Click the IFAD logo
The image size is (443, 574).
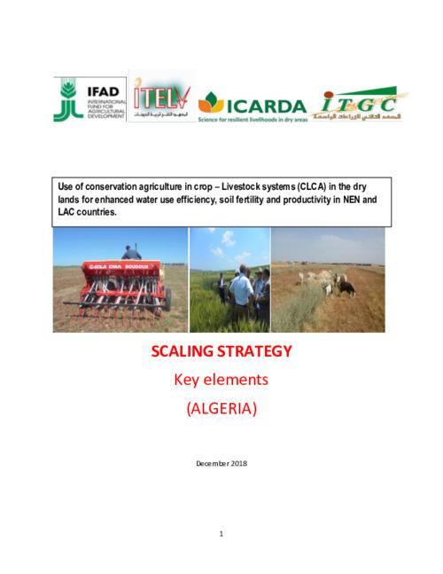coord(89,98)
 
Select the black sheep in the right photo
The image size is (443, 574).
coord(347,288)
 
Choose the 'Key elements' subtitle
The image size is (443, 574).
coord(221,381)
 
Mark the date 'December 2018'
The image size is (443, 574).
coord(221,463)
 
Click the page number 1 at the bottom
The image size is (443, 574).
coord(221,533)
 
